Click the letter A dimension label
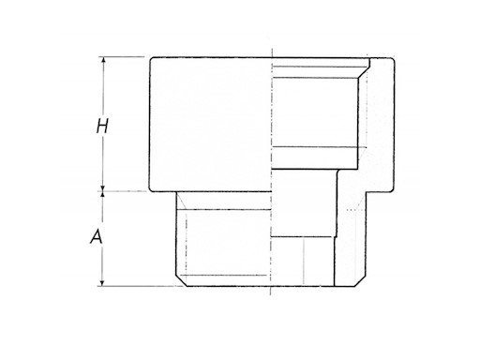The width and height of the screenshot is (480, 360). tap(95, 238)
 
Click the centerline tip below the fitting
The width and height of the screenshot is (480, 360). tap(271, 298)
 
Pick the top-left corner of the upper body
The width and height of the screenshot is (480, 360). tap(149, 58)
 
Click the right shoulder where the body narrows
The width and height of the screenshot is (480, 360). tap(368, 191)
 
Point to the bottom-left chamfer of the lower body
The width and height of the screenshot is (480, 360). tap(179, 280)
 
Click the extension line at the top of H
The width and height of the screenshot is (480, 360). tap(122, 57)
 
